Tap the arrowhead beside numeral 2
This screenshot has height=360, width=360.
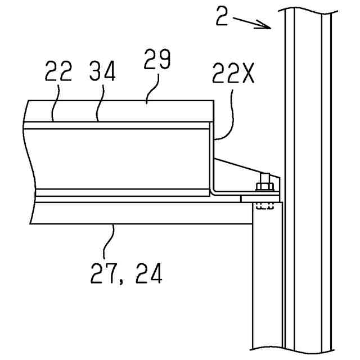[267, 25]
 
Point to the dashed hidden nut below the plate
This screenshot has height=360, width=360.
[264, 206]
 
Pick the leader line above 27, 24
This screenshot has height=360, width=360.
[111, 242]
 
